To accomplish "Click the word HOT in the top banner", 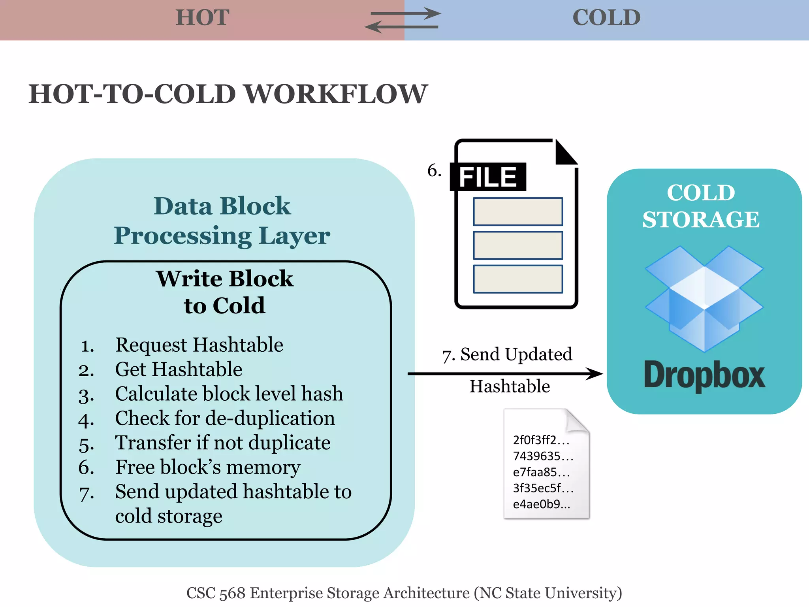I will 202,18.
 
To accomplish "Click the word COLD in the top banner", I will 606,18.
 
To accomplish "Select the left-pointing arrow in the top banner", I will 401,27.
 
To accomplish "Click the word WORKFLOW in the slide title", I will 335,94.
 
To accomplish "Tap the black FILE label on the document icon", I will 488,177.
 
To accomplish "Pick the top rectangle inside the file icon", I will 518,212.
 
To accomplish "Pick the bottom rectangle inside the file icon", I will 518,279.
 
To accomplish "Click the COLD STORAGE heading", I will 701,206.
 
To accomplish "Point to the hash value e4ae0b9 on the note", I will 541,504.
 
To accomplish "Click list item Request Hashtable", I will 199,345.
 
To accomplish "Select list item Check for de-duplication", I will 225,418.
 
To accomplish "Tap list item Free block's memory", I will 208,467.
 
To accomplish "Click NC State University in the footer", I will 547,593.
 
